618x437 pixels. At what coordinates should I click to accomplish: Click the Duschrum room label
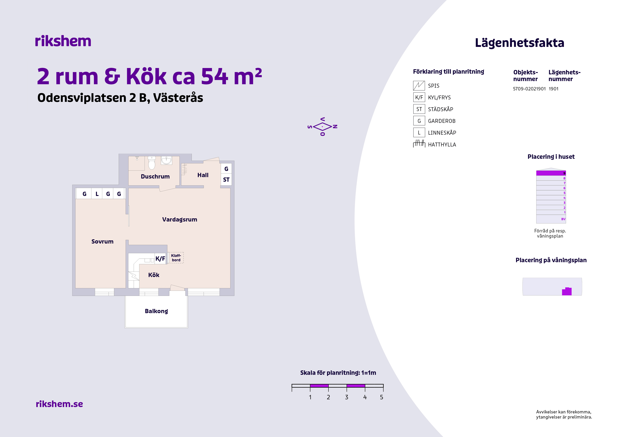tap(155, 177)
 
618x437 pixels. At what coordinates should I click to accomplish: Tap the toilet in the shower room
tap(152, 163)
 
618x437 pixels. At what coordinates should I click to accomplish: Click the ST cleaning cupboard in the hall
tap(226, 180)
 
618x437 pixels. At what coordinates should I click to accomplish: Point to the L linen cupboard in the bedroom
tap(97, 194)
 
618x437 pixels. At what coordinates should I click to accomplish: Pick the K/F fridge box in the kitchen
tap(160, 259)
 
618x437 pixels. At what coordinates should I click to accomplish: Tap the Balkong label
tap(156, 311)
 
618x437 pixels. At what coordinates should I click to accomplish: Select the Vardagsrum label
tap(180, 220)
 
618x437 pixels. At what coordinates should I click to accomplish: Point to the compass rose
tap(322, 127)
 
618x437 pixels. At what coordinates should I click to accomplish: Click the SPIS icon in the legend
tap(419, 86)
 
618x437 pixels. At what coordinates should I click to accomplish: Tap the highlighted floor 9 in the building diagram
tap(551, 173)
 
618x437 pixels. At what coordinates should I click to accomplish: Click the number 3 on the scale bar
tap(347, 397)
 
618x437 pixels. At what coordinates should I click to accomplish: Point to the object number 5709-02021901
tap(529, 89)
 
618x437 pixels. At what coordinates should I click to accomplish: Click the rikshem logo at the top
tap(63, 41)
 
